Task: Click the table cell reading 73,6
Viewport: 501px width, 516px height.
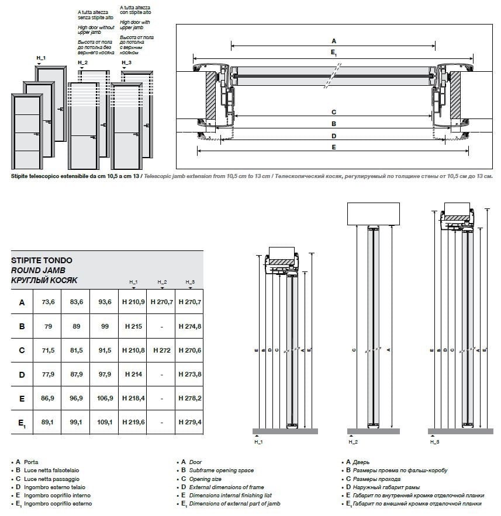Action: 49,302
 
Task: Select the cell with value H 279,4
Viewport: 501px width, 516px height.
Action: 189,422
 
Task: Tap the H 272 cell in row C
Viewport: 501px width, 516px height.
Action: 161,350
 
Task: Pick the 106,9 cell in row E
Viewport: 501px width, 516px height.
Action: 105,398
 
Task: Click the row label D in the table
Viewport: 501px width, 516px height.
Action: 22,374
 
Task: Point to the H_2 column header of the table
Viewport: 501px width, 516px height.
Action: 162,282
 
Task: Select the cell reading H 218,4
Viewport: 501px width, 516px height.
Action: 133,398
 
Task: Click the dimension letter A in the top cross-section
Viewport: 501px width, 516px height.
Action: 334,41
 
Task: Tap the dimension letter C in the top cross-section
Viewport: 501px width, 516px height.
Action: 333,112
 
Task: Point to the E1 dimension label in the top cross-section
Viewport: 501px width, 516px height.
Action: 333,53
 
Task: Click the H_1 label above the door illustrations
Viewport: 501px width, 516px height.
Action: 41,58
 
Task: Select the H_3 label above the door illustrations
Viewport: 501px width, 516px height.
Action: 127,62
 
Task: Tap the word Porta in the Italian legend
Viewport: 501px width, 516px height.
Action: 32,462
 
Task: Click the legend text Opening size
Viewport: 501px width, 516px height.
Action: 205,479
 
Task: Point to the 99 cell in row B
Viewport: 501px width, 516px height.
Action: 105,326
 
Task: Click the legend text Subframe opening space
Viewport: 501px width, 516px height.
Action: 222,470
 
